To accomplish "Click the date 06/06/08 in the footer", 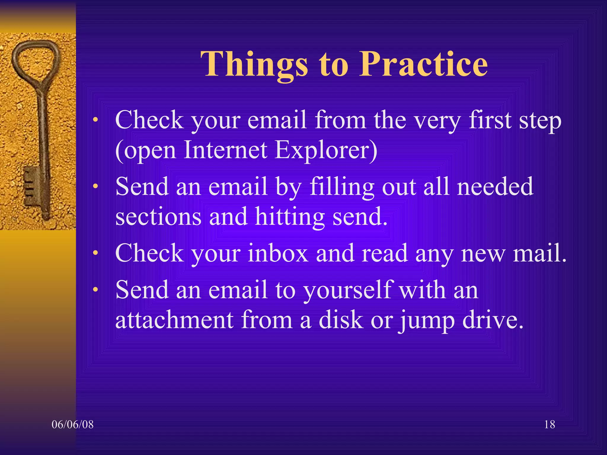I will [73, 424].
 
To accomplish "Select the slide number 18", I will [550, 424].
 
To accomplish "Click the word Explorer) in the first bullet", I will [326, 150].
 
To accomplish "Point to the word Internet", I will [225, 150].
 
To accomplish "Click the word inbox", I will [278, 253].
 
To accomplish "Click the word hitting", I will [290, 217].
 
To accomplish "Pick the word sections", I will [158, 217].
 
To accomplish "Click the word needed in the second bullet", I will [495, 187].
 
